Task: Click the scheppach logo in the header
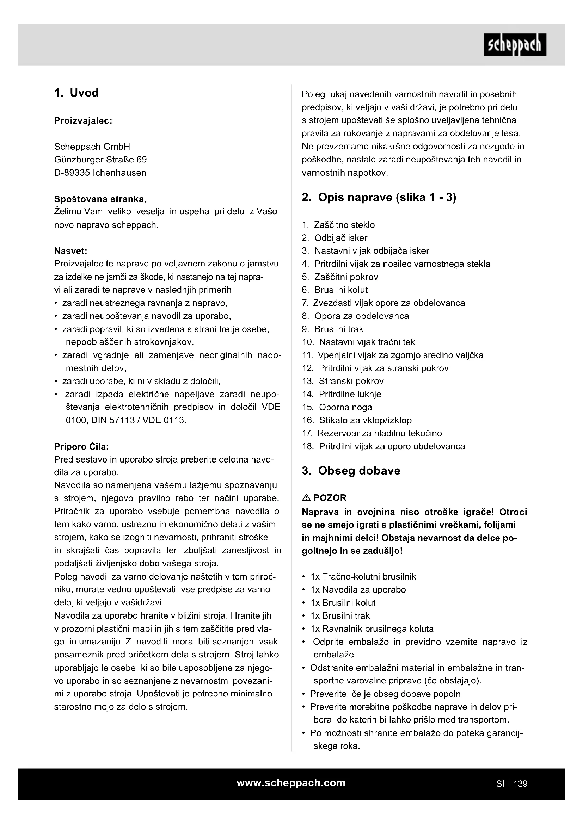(x=514, y=45)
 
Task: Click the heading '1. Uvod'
(x=76, y=93)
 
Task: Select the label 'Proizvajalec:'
(x=83, y=121)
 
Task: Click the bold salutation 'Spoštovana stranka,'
(x=100, y=199)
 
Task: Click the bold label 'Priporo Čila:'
(x=81, y=447)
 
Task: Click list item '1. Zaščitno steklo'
(x=338, y=225)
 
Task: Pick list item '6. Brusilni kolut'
(x=335, y=290)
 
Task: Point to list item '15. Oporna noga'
(x=337, y=407)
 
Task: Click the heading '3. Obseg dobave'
(x=351, y=471)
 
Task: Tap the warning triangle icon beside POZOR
(x=306, y=498)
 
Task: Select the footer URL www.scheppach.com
(x=291, y=783)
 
